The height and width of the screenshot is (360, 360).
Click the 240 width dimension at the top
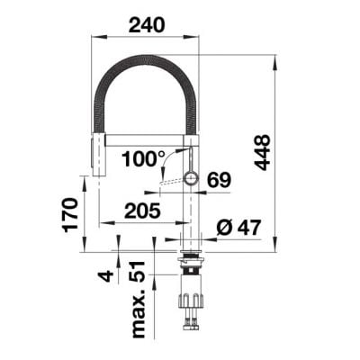pyautogui.click(x=147, y=25)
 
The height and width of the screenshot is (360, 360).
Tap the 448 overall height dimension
pyautogui.click(x=262, y=153)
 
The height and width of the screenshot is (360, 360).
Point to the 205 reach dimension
pyautogui.click(x=142, y=211)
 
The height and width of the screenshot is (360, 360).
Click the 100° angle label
pyautogui.click(x=143, y=158)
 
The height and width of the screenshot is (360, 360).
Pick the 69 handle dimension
pyautogui.click(x=220, y=180)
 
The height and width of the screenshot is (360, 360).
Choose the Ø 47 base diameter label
pyautogui.click(x=238, y=228)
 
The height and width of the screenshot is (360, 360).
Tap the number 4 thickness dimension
pyautogui.click(x=106, y=275)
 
